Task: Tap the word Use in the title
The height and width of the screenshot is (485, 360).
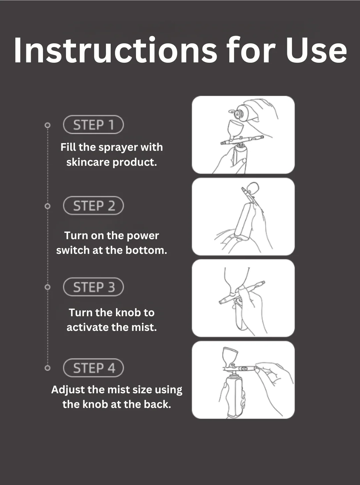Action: [x=316, y=51]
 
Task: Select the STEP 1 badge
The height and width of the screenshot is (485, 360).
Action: [x=93, y=125]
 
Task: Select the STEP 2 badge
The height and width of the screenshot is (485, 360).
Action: [x=93, y=205]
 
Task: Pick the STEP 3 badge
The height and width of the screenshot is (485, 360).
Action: [x=93, y=287]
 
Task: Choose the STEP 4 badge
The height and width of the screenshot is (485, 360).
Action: [x=93, y=368]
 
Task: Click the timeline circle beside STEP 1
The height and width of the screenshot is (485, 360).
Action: [x=47, y=125]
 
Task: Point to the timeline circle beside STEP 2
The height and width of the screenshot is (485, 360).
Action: [x=47, y=206]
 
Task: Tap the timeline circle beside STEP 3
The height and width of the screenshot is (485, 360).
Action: [x=47, y=287]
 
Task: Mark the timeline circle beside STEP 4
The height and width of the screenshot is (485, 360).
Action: [x=47, y=368]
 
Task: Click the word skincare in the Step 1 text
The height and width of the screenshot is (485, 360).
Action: [x=88, y=162]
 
